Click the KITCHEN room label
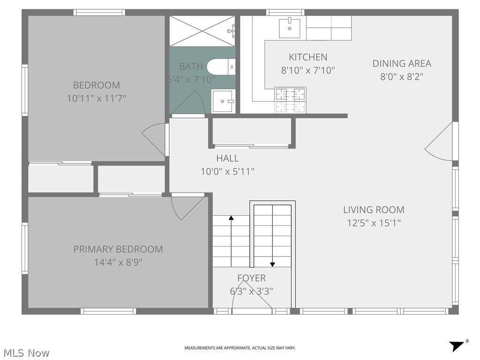308,57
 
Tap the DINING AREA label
402,63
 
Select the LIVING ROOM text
374,210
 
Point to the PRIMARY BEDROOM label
118,249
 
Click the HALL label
227,158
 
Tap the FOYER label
251,278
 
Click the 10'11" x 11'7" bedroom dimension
97,98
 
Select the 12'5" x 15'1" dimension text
374,223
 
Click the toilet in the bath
221,67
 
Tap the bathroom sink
223,101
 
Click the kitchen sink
289,28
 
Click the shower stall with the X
202,31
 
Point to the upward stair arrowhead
231,218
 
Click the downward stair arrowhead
272,264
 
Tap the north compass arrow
457,346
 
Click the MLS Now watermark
27,353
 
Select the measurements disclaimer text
240,348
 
